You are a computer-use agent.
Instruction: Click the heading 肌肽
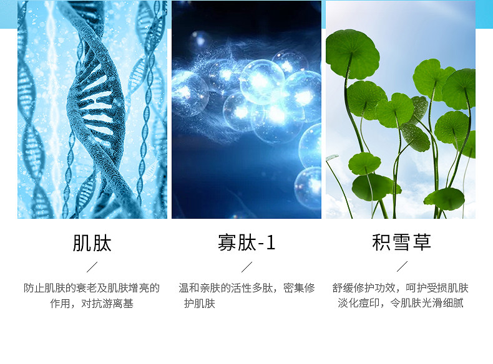click(x=92, y=243)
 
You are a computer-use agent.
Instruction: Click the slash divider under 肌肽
click(x=92, y=267)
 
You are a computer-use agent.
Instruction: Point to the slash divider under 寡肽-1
click(x=247, y=267)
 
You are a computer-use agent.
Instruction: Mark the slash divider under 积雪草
click(x=402, y=266)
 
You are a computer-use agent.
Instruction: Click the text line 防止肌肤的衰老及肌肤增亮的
click(x=92, y=288)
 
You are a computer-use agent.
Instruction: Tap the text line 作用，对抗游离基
click(x=92, y=304)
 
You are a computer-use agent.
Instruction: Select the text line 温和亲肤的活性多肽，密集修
click(x=247, y=288)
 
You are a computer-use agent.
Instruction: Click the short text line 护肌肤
click(x=200, y=304)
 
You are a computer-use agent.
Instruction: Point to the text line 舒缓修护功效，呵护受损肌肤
click(x=401, y=288)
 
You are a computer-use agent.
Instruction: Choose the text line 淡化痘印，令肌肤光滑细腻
click(x=401, y=303)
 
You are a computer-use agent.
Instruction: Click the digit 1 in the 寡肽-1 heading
click(x=271, y=243)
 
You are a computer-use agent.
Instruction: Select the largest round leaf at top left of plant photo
click(x=352, y=54)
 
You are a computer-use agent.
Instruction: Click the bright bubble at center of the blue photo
click(x=261, y=82)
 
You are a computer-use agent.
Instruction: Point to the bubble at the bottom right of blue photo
click(x=308, y=188)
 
